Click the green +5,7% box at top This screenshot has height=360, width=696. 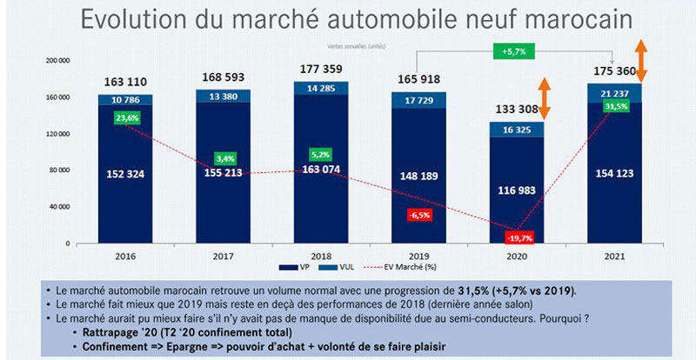[513, 51]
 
